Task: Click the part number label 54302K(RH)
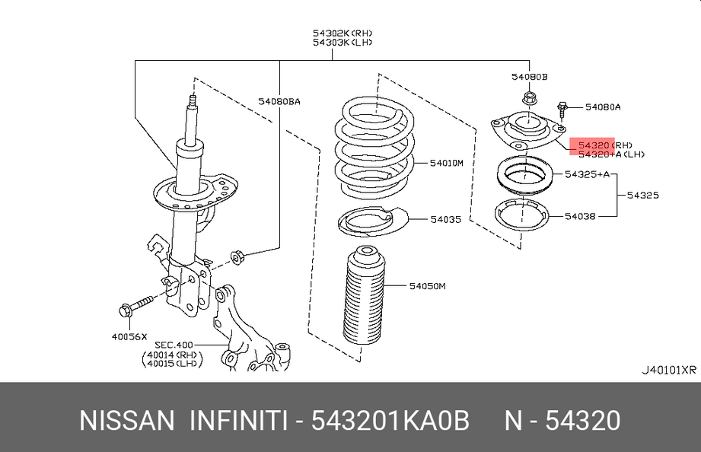342,33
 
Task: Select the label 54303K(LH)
342,43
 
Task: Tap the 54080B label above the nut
529,77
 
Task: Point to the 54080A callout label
601,107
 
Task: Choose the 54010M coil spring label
446,162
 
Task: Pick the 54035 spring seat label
445,219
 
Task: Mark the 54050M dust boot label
427,286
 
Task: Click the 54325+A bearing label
588,174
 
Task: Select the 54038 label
580,216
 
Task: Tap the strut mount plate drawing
523,133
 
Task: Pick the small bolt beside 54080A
562,110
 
